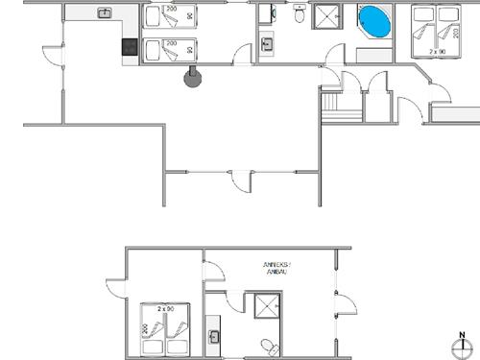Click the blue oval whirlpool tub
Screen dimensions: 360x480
click(x=374, y=21)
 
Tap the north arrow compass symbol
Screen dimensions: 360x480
click(x=462, y=345)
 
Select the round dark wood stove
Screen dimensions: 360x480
click(x=193, y=77)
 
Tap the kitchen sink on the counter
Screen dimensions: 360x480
click(x=105, y=12)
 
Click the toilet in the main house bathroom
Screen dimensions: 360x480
click(x=300, y=14)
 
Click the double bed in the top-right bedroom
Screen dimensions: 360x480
click(x=435, y=32)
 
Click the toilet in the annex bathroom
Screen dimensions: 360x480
click(x=270, y=346)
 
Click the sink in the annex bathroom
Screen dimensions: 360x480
click(x=216, y=336)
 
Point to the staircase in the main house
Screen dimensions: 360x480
click(x=331, y=106)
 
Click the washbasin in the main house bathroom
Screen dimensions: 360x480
click(x=268, y=43)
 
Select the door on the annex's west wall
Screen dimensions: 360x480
click(x=115, y=285)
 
